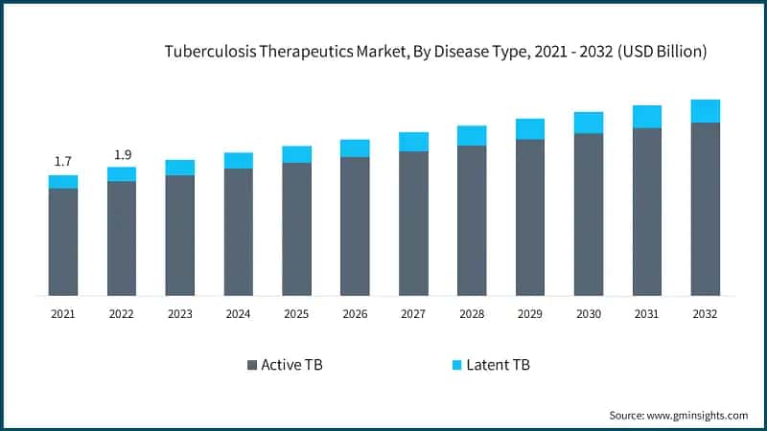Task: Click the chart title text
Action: (x=436, y=52)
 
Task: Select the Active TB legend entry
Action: (x=285, y=365)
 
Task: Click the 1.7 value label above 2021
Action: (x=63, y=161)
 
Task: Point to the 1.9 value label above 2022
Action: (x=122, y=154)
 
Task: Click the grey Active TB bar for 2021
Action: (x=63, y=241)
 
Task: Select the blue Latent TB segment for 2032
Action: (x=706, y=111)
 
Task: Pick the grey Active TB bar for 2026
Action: (x=355, y=226)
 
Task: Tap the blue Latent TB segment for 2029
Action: (x=530, y=129)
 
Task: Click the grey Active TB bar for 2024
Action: (x=239, y=232)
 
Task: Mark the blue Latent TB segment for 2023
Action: (x=180, y=168)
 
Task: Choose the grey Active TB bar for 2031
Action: (x=647, y=212)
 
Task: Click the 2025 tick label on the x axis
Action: (x=297, y=313)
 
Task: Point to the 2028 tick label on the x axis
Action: (x=472, y=313)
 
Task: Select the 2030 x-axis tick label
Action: (x=589, y=313)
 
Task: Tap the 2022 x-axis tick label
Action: (x=122, y=313)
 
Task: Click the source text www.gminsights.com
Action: (x=678, y=415)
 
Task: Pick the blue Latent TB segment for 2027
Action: (x=413, y=142)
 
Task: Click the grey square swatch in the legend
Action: (x=252, y=365)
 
